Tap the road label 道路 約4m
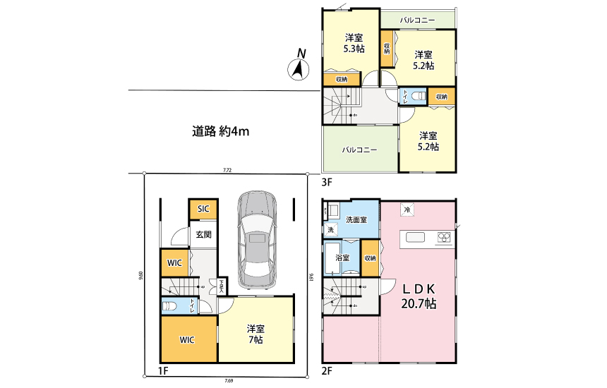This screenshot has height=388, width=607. coord(222,131)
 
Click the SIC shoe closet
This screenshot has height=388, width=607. coord(203,209)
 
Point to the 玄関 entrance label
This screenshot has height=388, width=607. coord(203,235)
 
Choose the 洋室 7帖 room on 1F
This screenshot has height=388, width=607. coord(255,334)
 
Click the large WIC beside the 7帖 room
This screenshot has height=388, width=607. coord(188,339)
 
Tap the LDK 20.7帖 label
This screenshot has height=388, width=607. coord(419,296)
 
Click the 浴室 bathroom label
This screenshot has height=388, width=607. coord(342,258)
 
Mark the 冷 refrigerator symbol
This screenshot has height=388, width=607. coord(407,209)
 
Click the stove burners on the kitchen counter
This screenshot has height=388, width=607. coord(444,237)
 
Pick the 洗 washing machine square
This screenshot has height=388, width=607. coord(330,230)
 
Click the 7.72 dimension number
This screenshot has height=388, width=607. coord(226,170)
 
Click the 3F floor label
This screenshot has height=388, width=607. coord(327,181)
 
